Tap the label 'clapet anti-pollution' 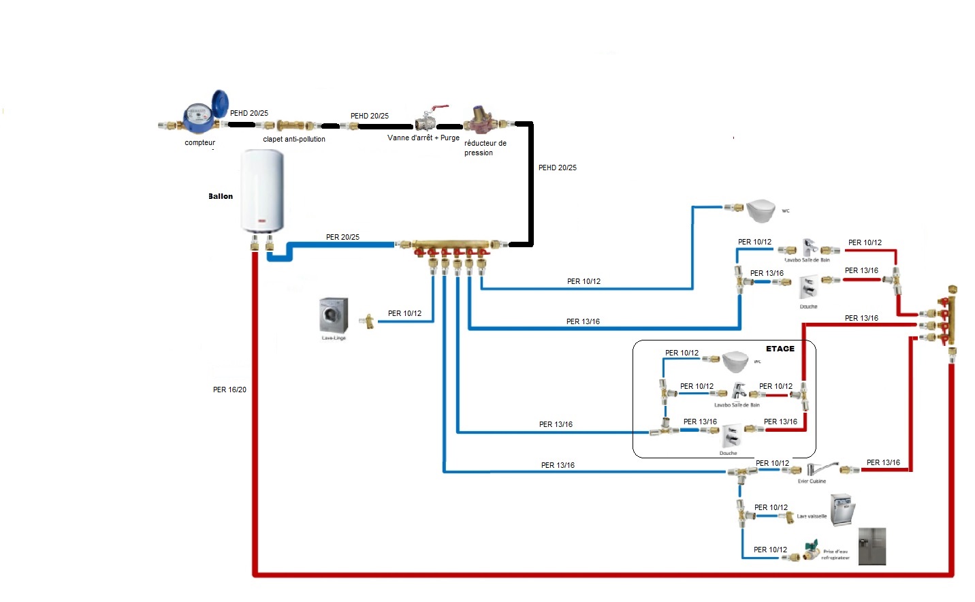[x=294, y=140]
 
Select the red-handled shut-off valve [x=427, y=120]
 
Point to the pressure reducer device [x=481, y=119]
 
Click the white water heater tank [x=263, y=191]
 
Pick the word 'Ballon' [x=221, y=196]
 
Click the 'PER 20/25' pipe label [x=342, y=237]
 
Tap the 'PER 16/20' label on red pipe [x=229, y=390]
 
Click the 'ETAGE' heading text [x=780, y=349]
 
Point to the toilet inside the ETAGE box [x=735, y=361]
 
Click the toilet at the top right [x=761, y=210]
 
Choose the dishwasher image [x=842, y=511]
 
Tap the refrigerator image [x=872, y=546]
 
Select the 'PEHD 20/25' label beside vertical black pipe [x=557, y=168]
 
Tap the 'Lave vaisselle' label [x=812, y=516]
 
